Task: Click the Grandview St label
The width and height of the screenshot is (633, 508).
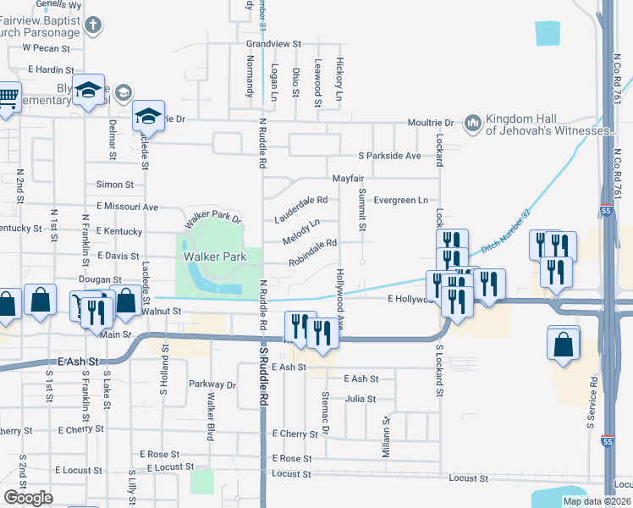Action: (274, 43)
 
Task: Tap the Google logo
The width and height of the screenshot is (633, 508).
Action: (28, 498)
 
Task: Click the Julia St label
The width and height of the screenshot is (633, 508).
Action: (361, 399)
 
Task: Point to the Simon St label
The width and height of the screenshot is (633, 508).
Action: (115, 185)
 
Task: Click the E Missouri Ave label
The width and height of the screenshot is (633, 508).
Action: (127, 207)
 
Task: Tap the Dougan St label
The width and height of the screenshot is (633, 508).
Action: (102, 279)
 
